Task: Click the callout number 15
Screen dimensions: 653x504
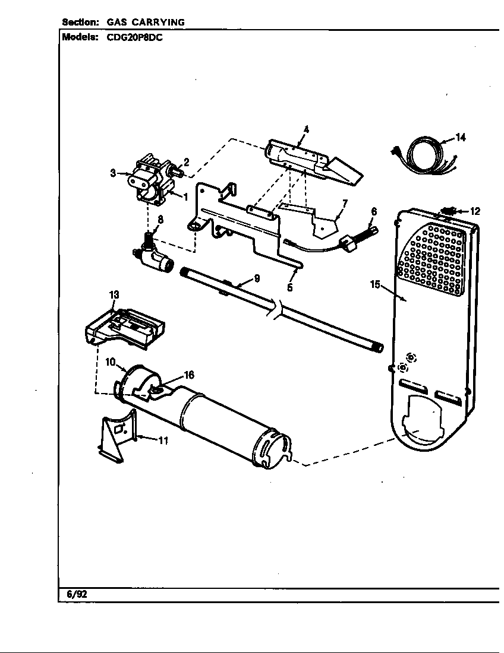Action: tap(375, 284)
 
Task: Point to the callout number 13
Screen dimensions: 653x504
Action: tap(114, 294)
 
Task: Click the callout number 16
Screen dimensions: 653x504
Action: tap(188, 375)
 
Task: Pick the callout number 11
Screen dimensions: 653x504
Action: tap(163, 440)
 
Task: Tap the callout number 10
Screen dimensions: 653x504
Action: tap(111, 361)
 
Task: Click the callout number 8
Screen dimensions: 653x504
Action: tap(160, 219)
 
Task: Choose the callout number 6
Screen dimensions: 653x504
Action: tap(374, 211)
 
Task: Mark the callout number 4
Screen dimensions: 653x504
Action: tap(306, 129)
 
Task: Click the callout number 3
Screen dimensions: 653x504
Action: tap(112, 173)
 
